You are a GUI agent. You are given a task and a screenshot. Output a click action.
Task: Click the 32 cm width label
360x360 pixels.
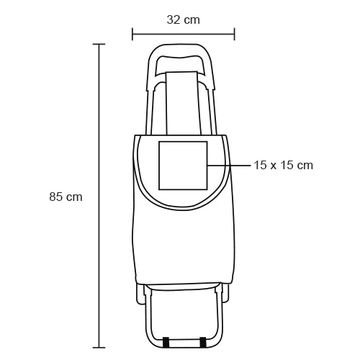183,19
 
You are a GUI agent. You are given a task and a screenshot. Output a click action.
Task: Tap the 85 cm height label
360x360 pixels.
66,197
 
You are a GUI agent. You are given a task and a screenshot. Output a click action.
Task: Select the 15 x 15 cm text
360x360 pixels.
283,165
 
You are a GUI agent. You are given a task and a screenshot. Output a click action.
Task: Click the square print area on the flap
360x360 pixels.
183,165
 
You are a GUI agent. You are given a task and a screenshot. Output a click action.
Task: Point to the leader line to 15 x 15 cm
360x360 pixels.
229,165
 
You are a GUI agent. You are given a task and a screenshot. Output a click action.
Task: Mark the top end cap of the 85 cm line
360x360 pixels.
99,45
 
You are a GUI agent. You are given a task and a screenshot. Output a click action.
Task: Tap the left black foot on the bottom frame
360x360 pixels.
167,341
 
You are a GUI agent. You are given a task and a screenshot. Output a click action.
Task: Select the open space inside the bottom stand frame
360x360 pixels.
183,313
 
